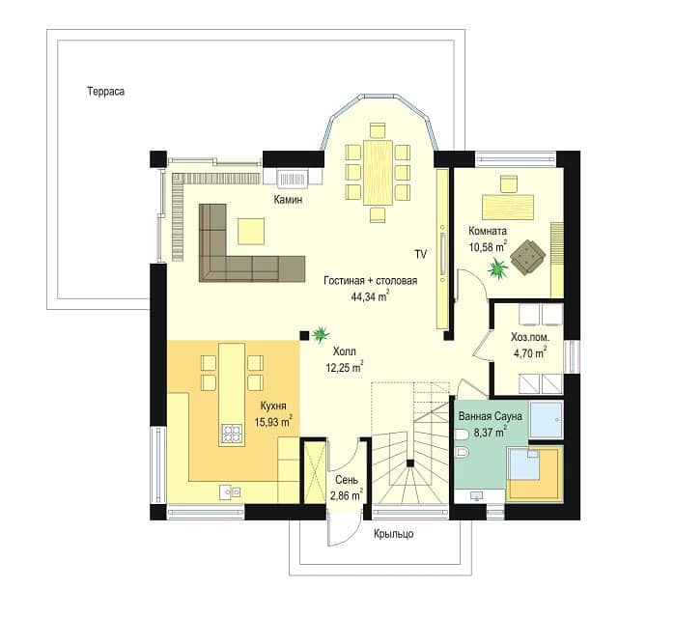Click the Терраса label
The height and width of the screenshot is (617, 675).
tap(106, 92)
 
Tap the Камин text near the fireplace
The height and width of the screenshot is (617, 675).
tap(288, 200)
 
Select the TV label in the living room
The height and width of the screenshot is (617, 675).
tap(420, 255)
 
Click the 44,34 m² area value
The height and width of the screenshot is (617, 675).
tap(371, 296)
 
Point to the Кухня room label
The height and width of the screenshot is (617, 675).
tap(273, 407)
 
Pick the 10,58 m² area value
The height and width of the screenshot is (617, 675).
tap(488, 247)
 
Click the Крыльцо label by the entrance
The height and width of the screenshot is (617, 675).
tap(393, 534)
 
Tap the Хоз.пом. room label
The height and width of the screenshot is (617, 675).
tap(530, 337)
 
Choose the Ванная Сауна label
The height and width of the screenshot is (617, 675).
tap(490, 416)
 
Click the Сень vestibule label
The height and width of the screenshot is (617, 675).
tap(346, 480)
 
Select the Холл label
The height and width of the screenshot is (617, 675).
tap(345, 351)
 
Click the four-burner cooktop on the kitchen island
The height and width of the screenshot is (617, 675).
tap(232, 434)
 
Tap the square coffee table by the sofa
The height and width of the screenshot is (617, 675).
tap(251, 231)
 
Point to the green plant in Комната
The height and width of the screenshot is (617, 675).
tap(497, 268)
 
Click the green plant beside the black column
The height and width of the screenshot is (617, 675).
tap(321, 334)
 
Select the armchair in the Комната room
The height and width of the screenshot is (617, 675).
tap(528, 258)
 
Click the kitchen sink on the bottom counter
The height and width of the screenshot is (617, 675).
tap(230, 491)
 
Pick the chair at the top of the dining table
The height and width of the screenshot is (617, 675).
tap(378, 130)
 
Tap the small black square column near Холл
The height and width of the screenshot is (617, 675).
tap(304, 335)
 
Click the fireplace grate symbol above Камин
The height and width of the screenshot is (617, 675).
tap(293, 178)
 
